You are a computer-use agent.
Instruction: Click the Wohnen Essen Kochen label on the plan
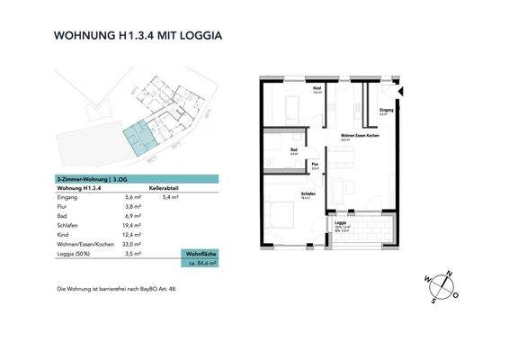coord(358,135)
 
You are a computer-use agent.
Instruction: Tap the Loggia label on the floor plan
coord(342,221)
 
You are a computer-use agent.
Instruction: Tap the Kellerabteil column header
coord(167,187)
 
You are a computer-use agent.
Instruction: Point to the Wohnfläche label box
coord(200,253)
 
